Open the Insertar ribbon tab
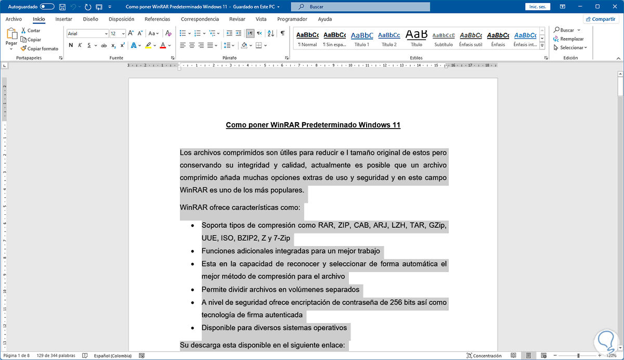pyautogui.click(x=63, y=19)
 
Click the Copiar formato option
pyautogui.click(x=40, y=48)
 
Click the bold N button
pyautogui.click(x=71, y=45)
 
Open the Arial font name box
pyautogui.click(x=86, y=33)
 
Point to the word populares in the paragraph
pyautogui.click(x=287, y=190)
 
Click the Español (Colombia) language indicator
pyautogui.click(x=112, y=356)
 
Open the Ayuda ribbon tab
pyautogui.click(x=324, y=19)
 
